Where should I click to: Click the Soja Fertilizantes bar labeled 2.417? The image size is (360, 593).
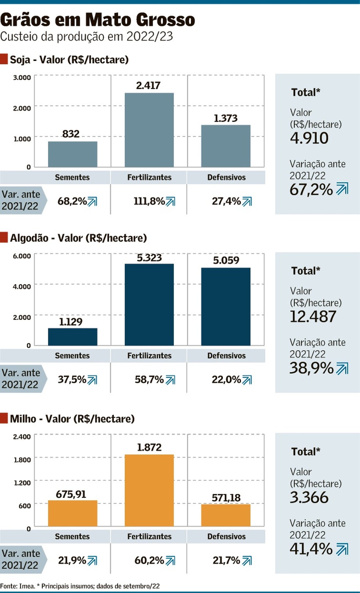point(149,130)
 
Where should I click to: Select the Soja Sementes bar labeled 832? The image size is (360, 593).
point(72,154)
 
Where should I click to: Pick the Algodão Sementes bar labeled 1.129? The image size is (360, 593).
point(72,337)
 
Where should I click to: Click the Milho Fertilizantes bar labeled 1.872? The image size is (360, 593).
point(149,490)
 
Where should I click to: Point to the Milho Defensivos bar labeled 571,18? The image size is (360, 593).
point(226,515)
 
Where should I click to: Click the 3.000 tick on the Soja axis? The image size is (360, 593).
point(22,78)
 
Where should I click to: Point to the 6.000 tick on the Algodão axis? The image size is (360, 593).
point(22,256)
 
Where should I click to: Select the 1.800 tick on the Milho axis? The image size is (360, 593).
point(22,460)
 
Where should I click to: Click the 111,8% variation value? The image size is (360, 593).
point(149,201)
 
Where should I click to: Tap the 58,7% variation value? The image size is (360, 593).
point(149,379)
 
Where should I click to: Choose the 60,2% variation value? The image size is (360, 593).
point(149,560)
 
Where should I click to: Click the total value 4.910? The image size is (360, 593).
point(309,138)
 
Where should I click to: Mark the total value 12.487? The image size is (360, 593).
point(313,317)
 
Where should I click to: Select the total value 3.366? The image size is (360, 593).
point(309,498)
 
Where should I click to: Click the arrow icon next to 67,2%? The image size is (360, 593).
point(342,189)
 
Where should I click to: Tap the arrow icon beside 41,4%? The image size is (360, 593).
point(342,549)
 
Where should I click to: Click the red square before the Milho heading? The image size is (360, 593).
point(4,418)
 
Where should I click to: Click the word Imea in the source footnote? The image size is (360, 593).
point(27,586)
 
